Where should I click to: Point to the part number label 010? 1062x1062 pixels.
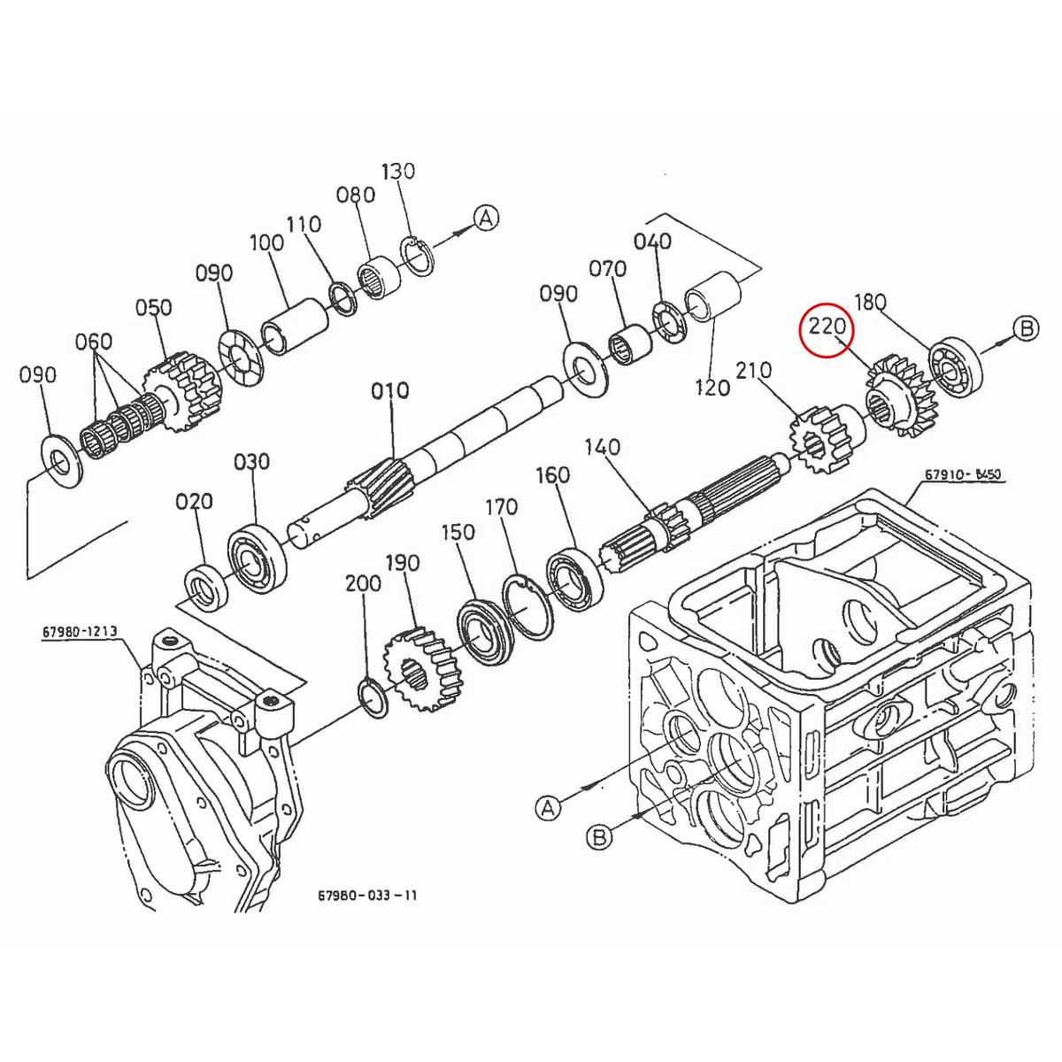tap(390, 390)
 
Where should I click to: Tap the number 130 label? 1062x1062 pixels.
tap(397, 171)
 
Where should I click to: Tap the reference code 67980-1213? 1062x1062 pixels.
tap(79, 633)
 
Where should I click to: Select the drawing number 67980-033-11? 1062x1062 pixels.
tap(367, 895)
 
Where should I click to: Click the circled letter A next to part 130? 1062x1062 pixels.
tap(486, 218)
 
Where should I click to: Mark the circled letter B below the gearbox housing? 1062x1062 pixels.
tap(599, 836)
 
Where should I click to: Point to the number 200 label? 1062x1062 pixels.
tap(363, 583)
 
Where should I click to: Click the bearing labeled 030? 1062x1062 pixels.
tap(258, 550)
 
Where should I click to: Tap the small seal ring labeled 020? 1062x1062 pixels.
tap(204, 584)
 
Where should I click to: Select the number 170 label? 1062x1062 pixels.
tap(501, 509)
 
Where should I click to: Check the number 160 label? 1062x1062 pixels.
tap(552, 476)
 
